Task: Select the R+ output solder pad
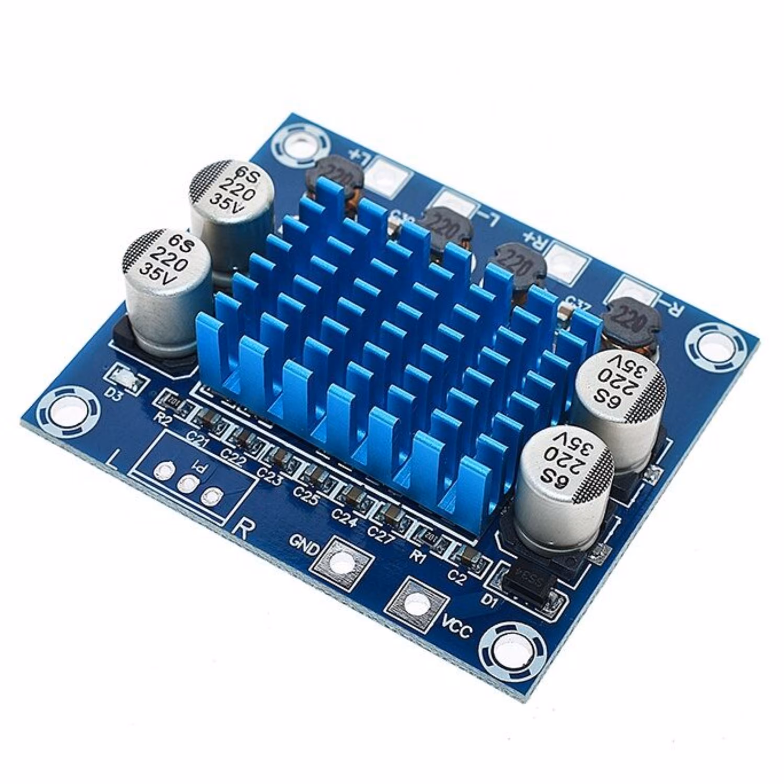pos(565,258)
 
